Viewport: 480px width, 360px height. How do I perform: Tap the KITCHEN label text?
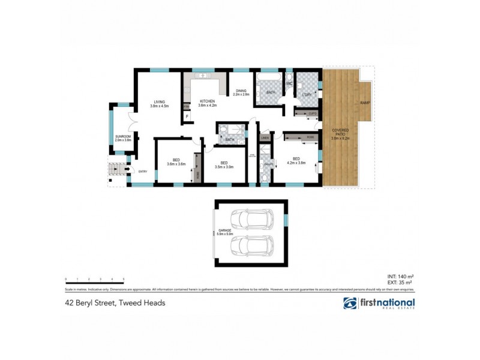[208, 101]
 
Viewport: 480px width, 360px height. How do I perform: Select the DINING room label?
[241, 91]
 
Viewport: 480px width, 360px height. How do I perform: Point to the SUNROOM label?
[124, 136]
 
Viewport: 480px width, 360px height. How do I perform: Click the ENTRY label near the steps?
[142, 172]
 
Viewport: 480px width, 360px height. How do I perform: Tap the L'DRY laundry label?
[307, 95]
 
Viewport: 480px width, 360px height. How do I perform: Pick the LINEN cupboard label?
[265, 138]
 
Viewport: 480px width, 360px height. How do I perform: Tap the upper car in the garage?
[251, 219]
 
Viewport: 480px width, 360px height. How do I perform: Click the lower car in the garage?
[251, 245]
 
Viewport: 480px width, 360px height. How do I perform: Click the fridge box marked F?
[187, 115]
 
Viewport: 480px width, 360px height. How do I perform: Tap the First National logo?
[379, 304]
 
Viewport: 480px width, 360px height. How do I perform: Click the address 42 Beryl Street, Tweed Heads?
[115, 303]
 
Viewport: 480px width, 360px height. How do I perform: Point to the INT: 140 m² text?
[401, 275]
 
